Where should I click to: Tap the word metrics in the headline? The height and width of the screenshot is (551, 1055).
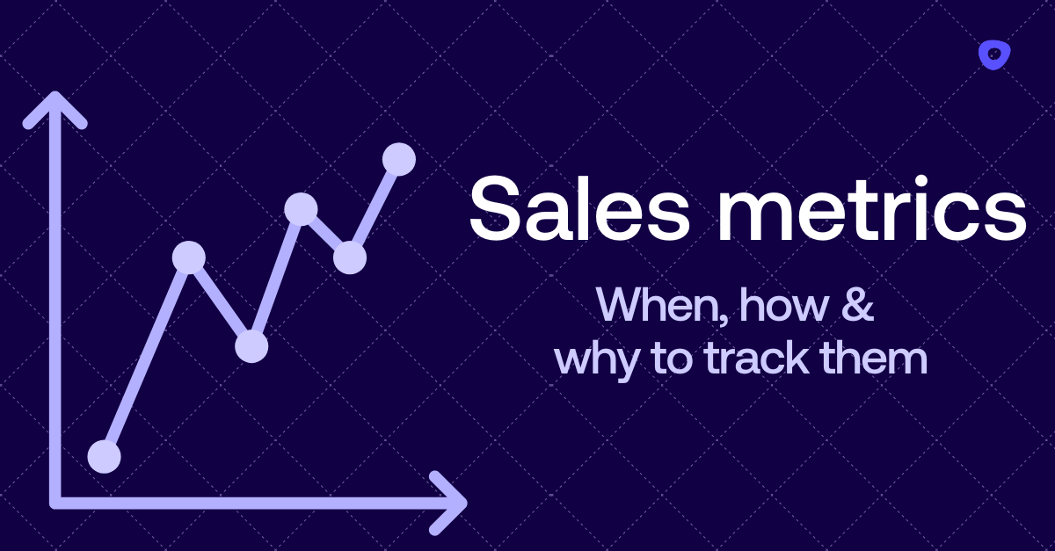(x=857, y=208)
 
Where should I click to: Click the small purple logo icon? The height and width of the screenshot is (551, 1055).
(x=994, y=55)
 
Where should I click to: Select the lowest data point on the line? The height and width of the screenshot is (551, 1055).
(x=105, y=456)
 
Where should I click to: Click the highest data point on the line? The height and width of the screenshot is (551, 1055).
(x=399, y=159)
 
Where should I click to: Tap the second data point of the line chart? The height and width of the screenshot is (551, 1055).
(x=189, y=257)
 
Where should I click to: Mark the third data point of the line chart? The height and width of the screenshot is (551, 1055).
(x=251, y=346)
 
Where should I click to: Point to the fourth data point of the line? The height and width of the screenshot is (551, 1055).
(x=301, y=208)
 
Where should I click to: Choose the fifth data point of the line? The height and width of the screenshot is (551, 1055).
(x=350, y=257)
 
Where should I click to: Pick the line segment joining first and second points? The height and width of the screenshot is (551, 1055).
(x=147, y=356)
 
